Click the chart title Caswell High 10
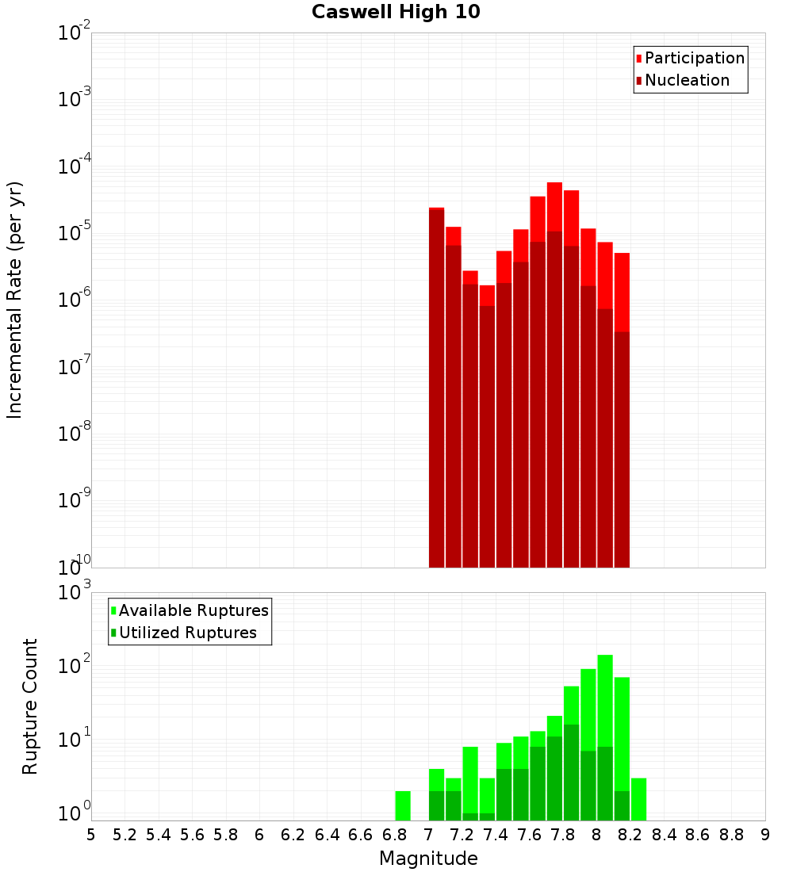pyautogui.click(x=396, y=12)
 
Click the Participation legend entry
pyautogui.click(x=694, y=58)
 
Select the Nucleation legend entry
pyautogui.click(x=686, y=80)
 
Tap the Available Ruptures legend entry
pyautogui.click(x=193, y=610)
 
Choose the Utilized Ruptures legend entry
pyautogui.click(x=187, y=633)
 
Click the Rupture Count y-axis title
pyautogui.click(x=30, y=706)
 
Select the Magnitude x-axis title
pyautogui.click(x=428, y=859)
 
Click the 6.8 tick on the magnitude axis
pyautogui.click(x=394, y=835)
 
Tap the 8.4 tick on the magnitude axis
pyautogui.click(x=664, y=835)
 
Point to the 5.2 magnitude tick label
pyautogui.click(x=125, y=835)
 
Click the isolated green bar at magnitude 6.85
pyautogui.click(x=403, y=805)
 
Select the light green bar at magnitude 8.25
pyautogui.click(x=639, y=799)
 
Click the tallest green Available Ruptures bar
pyautogui.click(x=605, y=698)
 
